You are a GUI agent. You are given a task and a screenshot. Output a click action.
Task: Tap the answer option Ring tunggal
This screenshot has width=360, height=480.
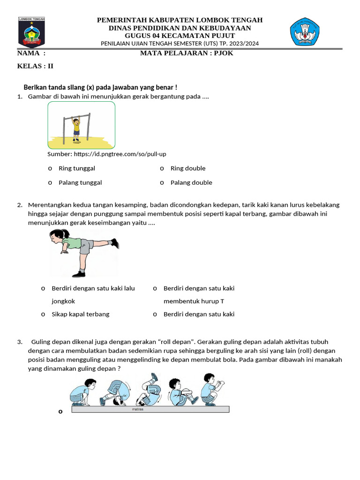[x=76, y=168]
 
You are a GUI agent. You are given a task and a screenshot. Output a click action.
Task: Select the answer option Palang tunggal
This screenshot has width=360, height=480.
[x=80, y=182]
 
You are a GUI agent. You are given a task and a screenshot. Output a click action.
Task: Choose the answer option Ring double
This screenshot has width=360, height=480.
[x=187, y=168]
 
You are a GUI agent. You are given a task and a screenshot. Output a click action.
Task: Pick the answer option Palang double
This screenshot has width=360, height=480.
[x=191, y=182]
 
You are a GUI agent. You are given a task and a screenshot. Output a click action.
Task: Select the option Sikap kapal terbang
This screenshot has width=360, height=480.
[x=80, y=314]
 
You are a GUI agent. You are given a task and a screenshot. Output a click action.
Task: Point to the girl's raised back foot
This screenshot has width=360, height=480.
[x=114, y=243]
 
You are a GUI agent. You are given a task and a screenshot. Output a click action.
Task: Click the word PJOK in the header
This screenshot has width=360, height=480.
[x=224, y=53]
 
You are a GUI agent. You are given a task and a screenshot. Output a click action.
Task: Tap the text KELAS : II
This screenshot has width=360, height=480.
[x=35, y=66]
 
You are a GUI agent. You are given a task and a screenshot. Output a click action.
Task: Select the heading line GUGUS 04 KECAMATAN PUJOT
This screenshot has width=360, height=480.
[x=180, y=36]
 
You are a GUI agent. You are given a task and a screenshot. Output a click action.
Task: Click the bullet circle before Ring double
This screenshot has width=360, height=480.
[x=162, y=169]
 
